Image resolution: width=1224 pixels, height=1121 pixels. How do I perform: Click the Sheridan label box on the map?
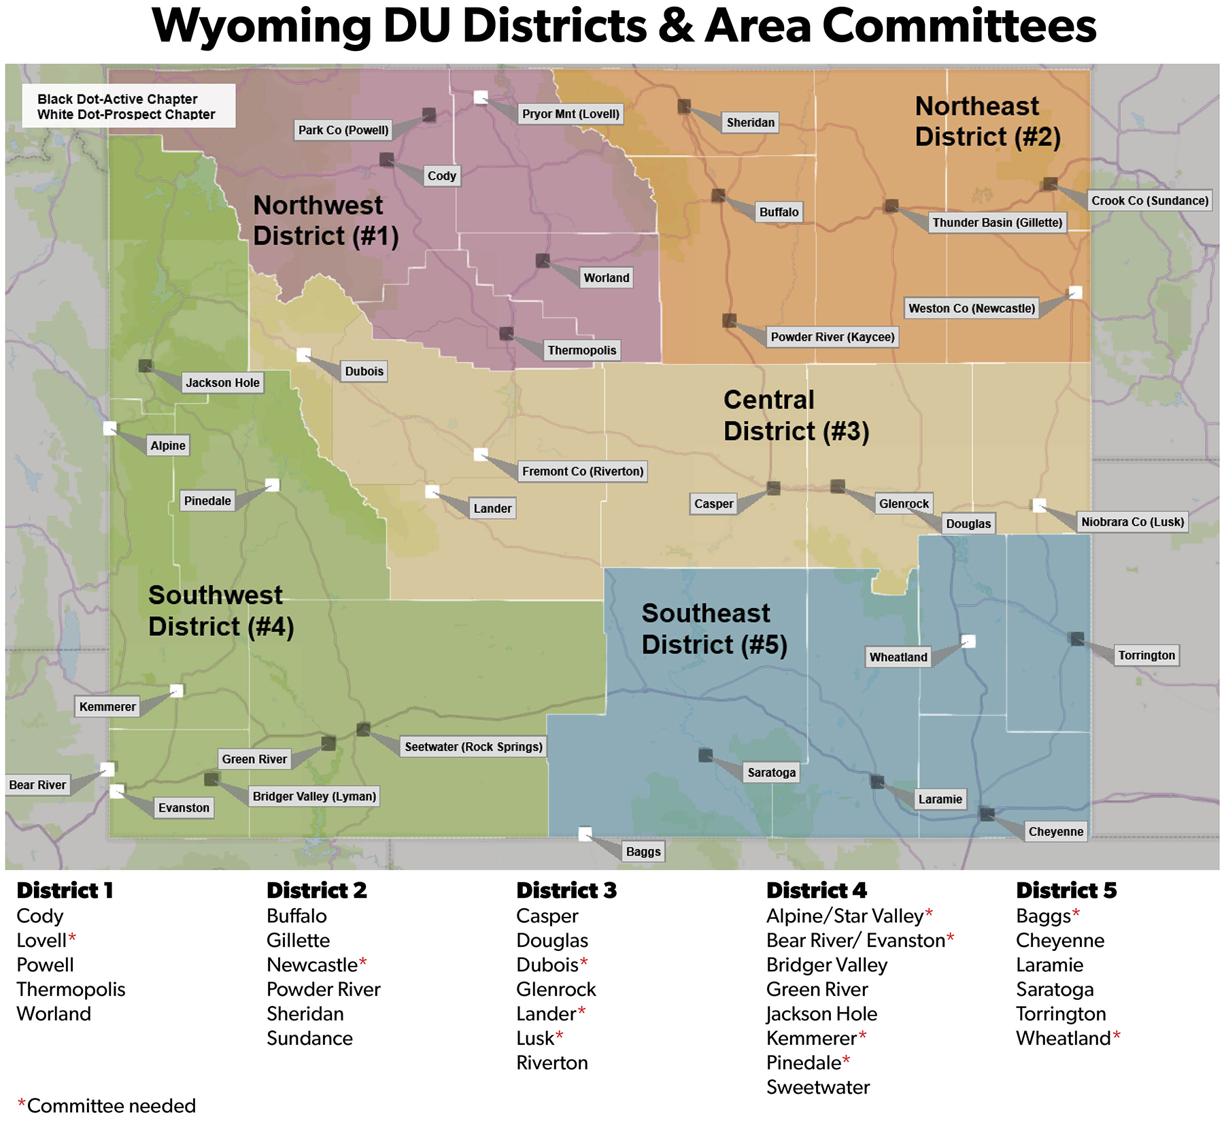(x=750, y=122)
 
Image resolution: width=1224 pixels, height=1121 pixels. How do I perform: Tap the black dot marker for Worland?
(x=543, y=261)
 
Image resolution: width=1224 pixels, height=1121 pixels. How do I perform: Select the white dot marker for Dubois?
(x=303, y=354)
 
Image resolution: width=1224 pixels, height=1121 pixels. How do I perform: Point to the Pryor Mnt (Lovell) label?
(x=571, y=114)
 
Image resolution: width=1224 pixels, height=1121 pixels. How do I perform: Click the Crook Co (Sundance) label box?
(x=1149, y=201)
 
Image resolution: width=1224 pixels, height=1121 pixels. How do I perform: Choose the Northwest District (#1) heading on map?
(x=325, y=220)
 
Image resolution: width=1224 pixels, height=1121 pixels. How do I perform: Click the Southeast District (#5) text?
(x=714, y=629)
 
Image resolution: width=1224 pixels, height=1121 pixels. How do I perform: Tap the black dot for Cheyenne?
(x=987, y=814)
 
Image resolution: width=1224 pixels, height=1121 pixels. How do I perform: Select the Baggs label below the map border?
(x=643, y=852)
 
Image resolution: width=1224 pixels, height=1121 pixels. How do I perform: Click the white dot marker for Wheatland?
(x=968, y=641)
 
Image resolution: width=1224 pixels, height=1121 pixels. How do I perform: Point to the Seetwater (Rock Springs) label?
(x=473, y=747)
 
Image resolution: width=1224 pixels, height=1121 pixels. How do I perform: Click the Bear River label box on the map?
(x=37, y=785)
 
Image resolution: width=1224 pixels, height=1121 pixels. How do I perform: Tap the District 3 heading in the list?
(x=566, y=890)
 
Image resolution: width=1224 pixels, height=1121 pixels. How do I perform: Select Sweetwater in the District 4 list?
(x=818, y=1087)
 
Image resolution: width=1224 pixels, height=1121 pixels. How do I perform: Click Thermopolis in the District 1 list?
(x=71, y=989)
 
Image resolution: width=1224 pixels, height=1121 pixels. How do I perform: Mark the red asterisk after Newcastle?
(x=363, y=962)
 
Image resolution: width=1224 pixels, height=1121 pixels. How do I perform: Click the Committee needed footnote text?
(x=111, y=1105)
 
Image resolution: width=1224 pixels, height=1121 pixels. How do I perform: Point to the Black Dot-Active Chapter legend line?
(x=118, y=99)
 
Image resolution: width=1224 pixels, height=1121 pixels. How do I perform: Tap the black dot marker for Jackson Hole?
(x=145, y=366)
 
